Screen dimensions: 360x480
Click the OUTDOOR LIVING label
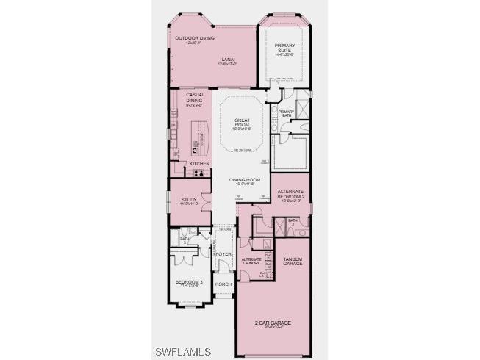point(189,39)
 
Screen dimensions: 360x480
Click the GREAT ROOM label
point(243,123)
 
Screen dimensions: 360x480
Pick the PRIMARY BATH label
point(286,113)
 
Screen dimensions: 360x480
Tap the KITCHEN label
point(199,163)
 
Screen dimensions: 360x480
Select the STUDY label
point(189,200)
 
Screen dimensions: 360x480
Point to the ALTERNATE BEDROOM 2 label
point(291,194)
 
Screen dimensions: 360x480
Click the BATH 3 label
point(292,221)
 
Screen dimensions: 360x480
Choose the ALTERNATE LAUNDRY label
point(251,262)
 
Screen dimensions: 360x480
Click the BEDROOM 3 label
point(189,282)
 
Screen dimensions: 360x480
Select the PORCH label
point(223,283)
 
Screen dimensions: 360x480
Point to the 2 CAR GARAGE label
point(273,323)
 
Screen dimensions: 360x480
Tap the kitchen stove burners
point(196,173)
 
